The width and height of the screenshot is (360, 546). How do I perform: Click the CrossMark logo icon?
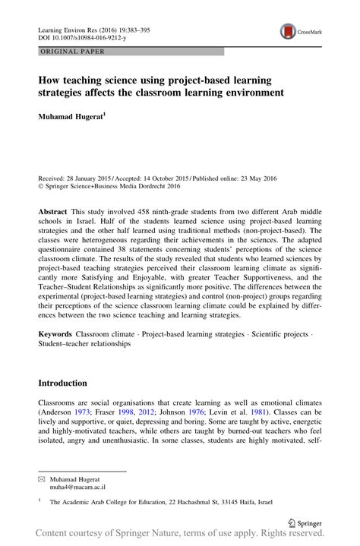(289, 31)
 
